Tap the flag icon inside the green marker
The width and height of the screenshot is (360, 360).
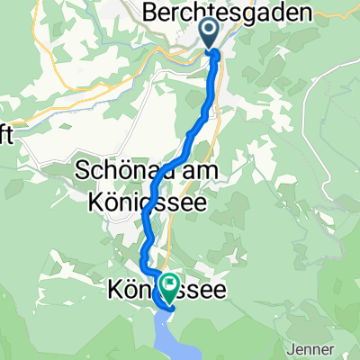(168, 284)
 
